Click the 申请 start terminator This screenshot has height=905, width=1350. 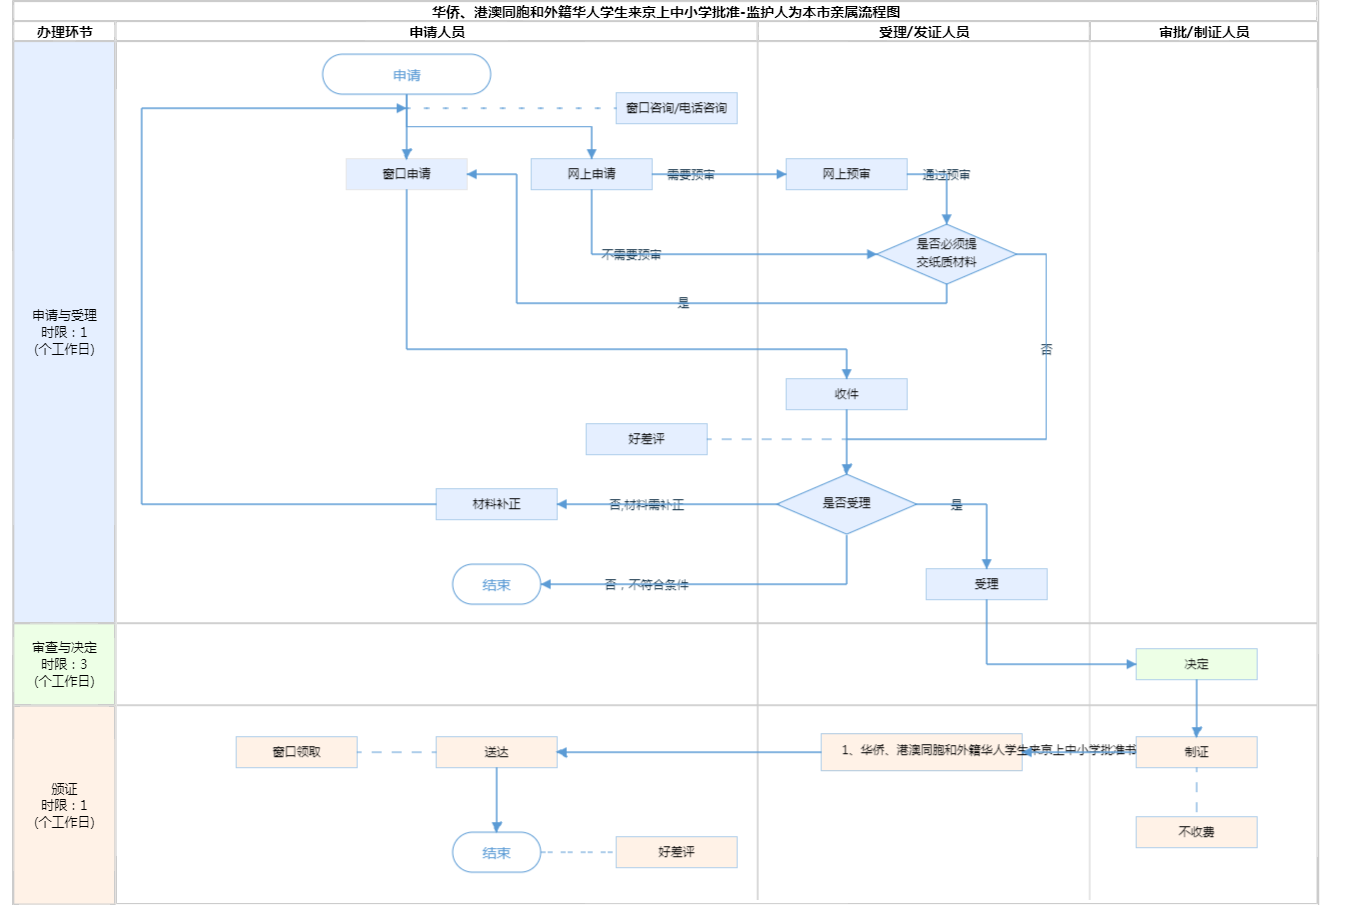click(x=406, y=75)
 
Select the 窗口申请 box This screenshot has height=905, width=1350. click(x=406, y=174)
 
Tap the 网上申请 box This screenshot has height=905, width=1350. click(x=591, y=174)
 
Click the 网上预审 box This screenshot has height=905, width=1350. click(x=846, y=174)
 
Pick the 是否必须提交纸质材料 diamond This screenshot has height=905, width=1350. click(x=946, y=254)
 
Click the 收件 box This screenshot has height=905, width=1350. click(x=846, y=394)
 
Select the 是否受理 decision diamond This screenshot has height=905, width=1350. click(x=846, y=504)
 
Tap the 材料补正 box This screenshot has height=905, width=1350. click(x=496, y=504)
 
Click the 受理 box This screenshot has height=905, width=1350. click(x=986, y=584)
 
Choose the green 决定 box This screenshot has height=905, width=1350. click(x=1196, y=664)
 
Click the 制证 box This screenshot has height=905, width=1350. click(x=1196, y=752)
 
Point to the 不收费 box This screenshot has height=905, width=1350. click(x=1196, y=832)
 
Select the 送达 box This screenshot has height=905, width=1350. click(x=496, y=752)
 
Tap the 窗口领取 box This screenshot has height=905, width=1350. click(x=296, y=752)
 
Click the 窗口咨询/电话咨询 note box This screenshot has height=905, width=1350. click(x=676, y=108)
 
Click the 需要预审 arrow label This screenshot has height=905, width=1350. click(x=691, y=175)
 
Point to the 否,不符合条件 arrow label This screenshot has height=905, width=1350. click(x=647, y=585)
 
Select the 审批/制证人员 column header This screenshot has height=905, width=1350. click(x=1204, y=32)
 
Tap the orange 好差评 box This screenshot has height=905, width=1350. click(x=676, y=852)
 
